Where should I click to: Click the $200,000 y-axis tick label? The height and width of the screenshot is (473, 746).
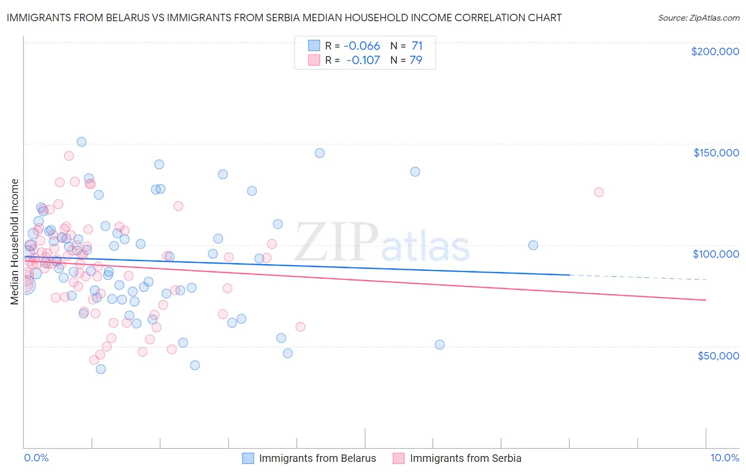tap(715, 51)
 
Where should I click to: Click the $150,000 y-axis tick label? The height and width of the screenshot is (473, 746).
tap(716, 153)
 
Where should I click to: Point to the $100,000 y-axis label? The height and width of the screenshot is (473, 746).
tap(716, 254)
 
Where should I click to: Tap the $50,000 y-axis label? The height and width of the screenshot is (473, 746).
tap(718, 355)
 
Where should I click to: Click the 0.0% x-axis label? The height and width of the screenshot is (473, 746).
tap(37, 458)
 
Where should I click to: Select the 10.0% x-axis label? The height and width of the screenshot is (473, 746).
tap(724, 458)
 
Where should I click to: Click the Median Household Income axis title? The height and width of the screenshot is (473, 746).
tap(14, 242)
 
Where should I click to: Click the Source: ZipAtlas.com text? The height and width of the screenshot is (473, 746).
tap(698, 17)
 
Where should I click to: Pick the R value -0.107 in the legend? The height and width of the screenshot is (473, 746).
tap(363, 60)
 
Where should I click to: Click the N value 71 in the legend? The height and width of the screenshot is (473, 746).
tap(417, 46)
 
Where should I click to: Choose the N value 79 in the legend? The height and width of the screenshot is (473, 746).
tap(416, 60)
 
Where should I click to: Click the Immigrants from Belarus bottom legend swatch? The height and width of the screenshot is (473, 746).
tap(248, 458)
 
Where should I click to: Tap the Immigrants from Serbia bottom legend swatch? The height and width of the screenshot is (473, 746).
tap(398, 458)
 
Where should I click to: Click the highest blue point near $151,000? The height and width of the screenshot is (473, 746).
tap(82, 142)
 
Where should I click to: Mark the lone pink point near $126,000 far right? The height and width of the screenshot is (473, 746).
tap(598, 192)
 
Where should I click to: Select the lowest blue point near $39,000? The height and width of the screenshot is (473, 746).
tap(101, 369)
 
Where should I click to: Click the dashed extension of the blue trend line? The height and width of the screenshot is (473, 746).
tap(637, 277)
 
